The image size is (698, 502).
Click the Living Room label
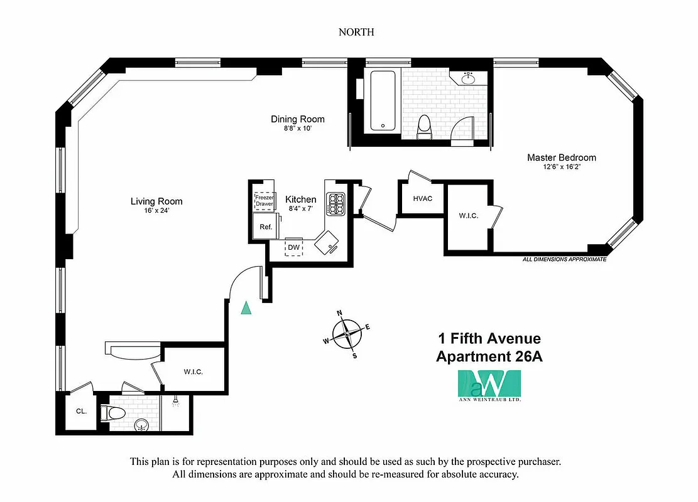[x=156, y=201]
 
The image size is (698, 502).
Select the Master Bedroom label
[x=561, y=158]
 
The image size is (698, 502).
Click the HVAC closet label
[x=422, y=198]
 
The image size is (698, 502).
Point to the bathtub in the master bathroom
[x=382, y=100]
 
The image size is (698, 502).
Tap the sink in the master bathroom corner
[x=467, y=78]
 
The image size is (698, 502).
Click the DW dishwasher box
[x=293, y=247]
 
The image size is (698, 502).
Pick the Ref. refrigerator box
[x=266, y=227]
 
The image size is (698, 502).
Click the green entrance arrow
[x=247, y=307]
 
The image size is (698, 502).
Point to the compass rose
[x=346, y=334]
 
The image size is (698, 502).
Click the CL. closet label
[x=81, y=412]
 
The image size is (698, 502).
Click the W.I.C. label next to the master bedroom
[x=468, y=216]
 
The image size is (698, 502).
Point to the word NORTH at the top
[x=356, y=32]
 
